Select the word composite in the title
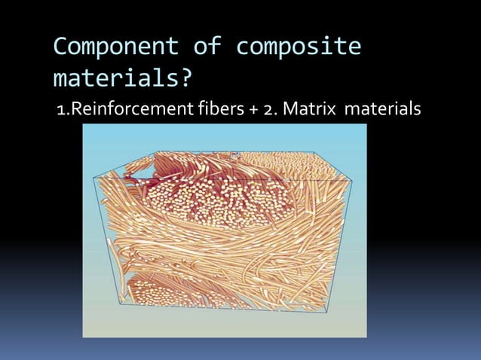299,48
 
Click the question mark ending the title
185,78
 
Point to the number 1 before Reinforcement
61,111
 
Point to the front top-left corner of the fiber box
93,178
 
